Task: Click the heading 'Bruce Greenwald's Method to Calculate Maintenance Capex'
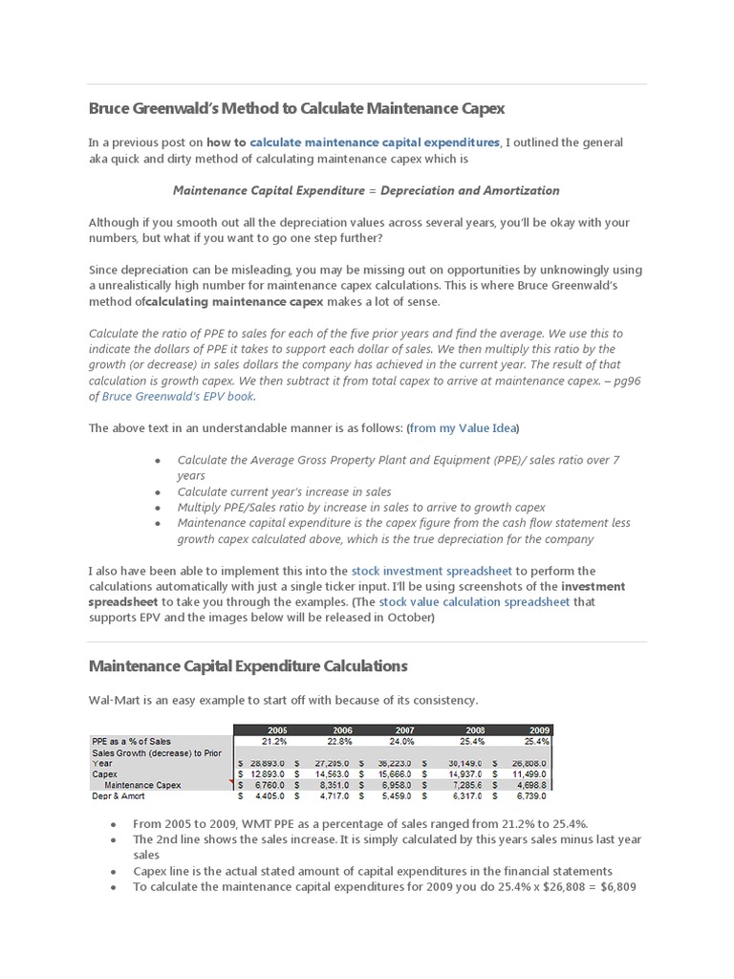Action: click(296, 108)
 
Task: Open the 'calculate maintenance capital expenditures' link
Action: click(375, 142)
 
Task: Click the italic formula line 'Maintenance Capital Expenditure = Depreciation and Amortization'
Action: click(366, 190)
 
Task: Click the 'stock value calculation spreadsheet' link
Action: click(474, 602)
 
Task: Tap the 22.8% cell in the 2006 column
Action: click(333, 740)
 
